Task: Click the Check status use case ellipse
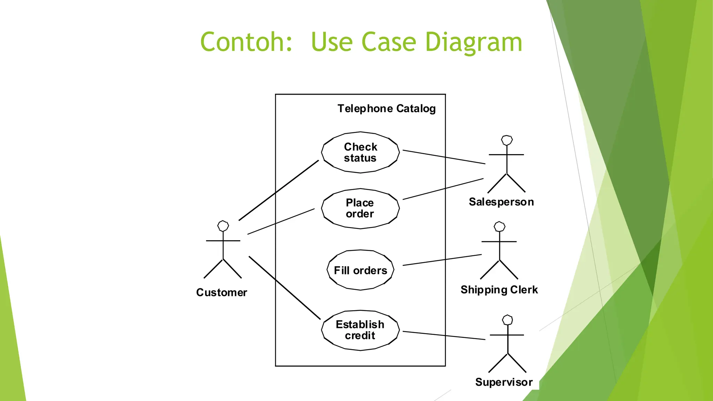click(360, 152)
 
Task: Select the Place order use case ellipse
click(360, 209)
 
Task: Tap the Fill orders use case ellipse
click(360, 270)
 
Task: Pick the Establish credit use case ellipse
click(360, 330)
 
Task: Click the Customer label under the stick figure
click(221, 292)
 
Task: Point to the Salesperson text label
click(501, 202)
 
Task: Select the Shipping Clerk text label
click(499, 290)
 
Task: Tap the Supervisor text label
click(504, 382)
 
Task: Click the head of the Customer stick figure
click(223, 226)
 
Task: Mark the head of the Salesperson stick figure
click(507, 140)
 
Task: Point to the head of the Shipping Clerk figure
click(500, 227)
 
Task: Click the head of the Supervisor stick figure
click(508, 320)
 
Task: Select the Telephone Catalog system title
click(386, 109)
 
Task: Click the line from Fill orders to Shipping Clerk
click(442, 260)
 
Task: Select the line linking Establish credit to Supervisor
click(444, 335)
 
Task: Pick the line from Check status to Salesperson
click(444, 157)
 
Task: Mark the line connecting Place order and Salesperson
click(443, 189)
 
